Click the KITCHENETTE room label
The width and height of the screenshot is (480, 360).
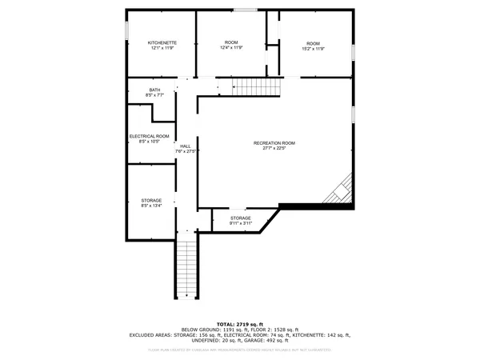click(162, 42)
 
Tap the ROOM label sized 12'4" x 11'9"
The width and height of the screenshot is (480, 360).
click(231, 42)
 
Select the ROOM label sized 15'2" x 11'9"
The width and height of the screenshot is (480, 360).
click(313, 43)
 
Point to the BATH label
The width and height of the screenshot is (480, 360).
click(154, 90)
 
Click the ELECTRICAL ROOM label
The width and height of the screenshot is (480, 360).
click(150, 136)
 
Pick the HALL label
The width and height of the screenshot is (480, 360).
click(186, 146)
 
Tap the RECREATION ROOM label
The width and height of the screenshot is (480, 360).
click(274, 142)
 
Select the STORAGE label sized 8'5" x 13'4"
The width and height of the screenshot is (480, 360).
click(151, 200)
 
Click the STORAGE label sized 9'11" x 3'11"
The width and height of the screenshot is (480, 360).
click(241, 218)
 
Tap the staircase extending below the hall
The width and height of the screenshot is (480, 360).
click(186, 268)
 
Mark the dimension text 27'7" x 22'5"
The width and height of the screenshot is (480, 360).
click(274, 148)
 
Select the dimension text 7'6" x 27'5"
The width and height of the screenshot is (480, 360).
click(186, 151)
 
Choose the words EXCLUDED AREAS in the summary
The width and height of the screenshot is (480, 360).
click(154, 334)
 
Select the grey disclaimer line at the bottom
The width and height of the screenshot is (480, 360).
click(240, 350)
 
